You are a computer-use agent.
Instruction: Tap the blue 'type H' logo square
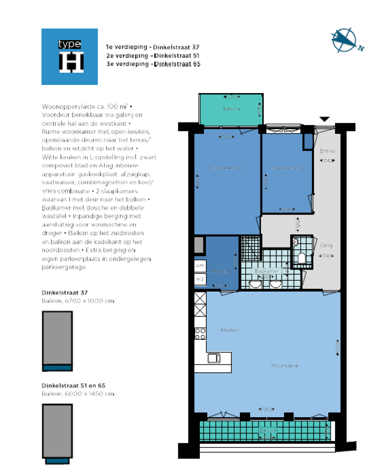point(69,56)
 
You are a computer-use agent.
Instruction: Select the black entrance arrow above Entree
point(324,119)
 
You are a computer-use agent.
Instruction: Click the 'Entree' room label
point(327,151)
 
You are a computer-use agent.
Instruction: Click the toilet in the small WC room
point(301,259)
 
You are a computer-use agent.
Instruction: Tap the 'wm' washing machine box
point(200,265)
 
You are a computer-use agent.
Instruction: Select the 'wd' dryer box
point(200,279)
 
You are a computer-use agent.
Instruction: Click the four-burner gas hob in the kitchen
point(200,333)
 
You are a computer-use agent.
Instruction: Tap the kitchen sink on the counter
point(214,357)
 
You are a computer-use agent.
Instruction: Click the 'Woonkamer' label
point(285,366)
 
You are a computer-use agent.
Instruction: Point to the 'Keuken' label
point(229,330)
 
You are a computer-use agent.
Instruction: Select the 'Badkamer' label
point(266,271)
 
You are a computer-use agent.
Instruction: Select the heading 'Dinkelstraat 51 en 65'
point(73,385)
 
